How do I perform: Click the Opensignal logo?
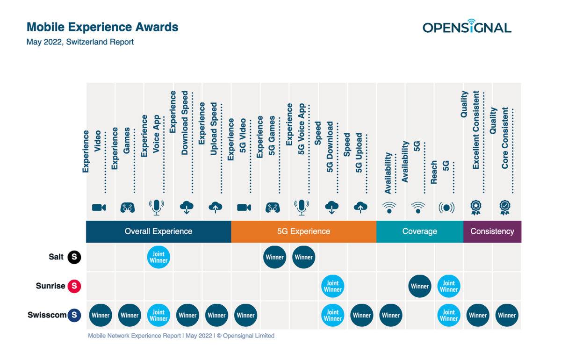467,26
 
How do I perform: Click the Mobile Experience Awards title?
102,27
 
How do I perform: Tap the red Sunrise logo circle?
74,286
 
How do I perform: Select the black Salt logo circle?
74,257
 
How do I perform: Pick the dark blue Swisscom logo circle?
74,315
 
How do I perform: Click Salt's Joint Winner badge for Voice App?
158,257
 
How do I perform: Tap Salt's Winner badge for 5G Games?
274,257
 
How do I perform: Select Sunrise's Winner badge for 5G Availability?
420,286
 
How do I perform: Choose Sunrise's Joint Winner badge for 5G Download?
332,286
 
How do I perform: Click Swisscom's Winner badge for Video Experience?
101,315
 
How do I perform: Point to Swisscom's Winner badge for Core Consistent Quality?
507,315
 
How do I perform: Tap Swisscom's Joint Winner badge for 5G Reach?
449,315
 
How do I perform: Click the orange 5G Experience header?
303,231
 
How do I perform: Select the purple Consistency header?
492,231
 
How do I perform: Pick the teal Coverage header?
420,231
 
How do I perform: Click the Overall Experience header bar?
158,231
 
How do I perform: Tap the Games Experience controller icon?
128,208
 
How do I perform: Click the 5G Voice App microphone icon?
302,208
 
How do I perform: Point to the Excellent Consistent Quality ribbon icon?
476,208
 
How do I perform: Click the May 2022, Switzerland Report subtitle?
80,42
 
